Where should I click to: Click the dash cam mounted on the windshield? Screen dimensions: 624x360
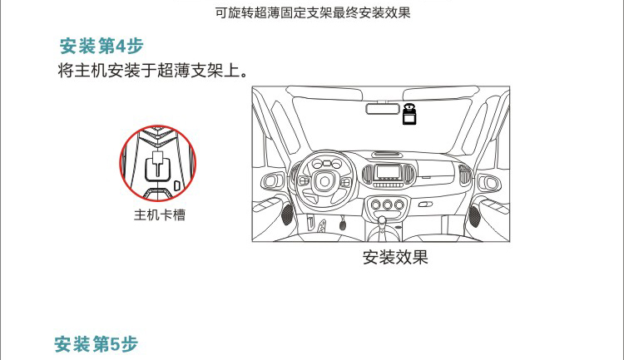pos(409,114)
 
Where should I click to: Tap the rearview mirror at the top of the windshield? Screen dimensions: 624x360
pos(383,108)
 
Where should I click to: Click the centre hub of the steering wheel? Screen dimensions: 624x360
pos(324,181)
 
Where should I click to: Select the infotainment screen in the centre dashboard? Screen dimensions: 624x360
pos(389,172)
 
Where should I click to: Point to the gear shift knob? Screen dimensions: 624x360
pos(382,219)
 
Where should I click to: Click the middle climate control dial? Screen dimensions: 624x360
pos(388,205)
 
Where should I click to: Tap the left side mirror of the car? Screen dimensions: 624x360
pos(272,182)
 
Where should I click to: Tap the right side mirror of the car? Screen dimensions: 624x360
pos(489,183)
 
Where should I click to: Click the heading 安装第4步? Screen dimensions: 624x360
pos(102,47)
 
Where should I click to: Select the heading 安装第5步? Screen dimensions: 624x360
pos(97,344)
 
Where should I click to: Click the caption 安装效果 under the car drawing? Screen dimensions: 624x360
pos(395,258)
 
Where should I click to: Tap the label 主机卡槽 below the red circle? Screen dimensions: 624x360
pos(160,215)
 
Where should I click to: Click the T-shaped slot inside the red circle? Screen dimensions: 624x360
pos(158,165)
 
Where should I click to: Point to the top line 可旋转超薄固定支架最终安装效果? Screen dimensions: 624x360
pos(313,12)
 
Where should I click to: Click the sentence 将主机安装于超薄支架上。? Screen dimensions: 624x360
pos(154,71)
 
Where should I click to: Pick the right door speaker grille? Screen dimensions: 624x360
pos(475,217)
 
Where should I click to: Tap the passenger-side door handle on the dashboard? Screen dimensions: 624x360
pos(425,205)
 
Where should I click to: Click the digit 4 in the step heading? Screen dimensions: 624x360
pos(121,47)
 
